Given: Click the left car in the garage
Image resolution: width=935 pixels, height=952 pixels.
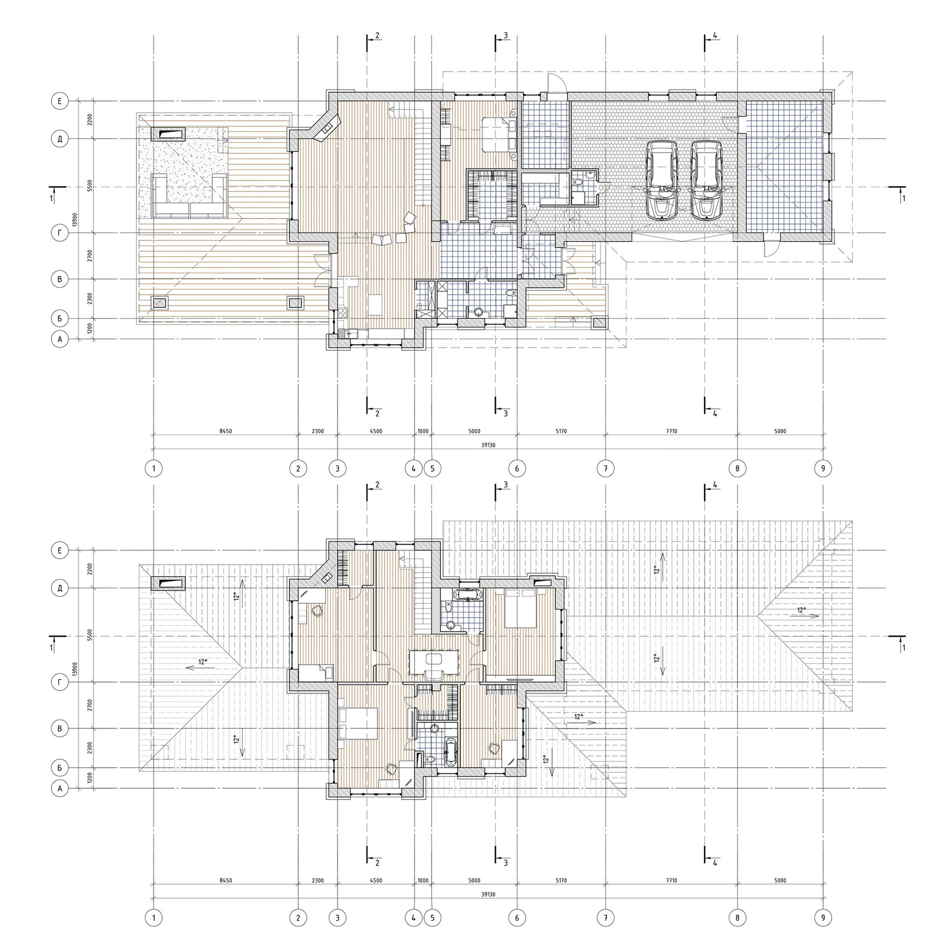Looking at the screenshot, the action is (662, 180).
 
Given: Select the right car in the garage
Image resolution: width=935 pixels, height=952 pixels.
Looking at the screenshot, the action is (706, 180).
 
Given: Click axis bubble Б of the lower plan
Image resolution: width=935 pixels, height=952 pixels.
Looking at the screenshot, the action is (59, 768).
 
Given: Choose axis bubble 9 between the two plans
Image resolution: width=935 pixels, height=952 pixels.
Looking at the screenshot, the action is (824, 468).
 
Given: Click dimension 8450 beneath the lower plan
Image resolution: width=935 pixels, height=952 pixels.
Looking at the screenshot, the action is (225, 881).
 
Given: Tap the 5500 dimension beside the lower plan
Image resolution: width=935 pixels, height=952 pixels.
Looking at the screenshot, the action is (90, 636).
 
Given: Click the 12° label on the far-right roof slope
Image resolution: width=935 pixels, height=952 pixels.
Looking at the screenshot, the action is (801, 610).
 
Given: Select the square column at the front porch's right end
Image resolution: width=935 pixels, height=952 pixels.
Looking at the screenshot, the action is (599, 323).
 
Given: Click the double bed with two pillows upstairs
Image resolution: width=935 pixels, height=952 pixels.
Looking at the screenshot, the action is (521, 608).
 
